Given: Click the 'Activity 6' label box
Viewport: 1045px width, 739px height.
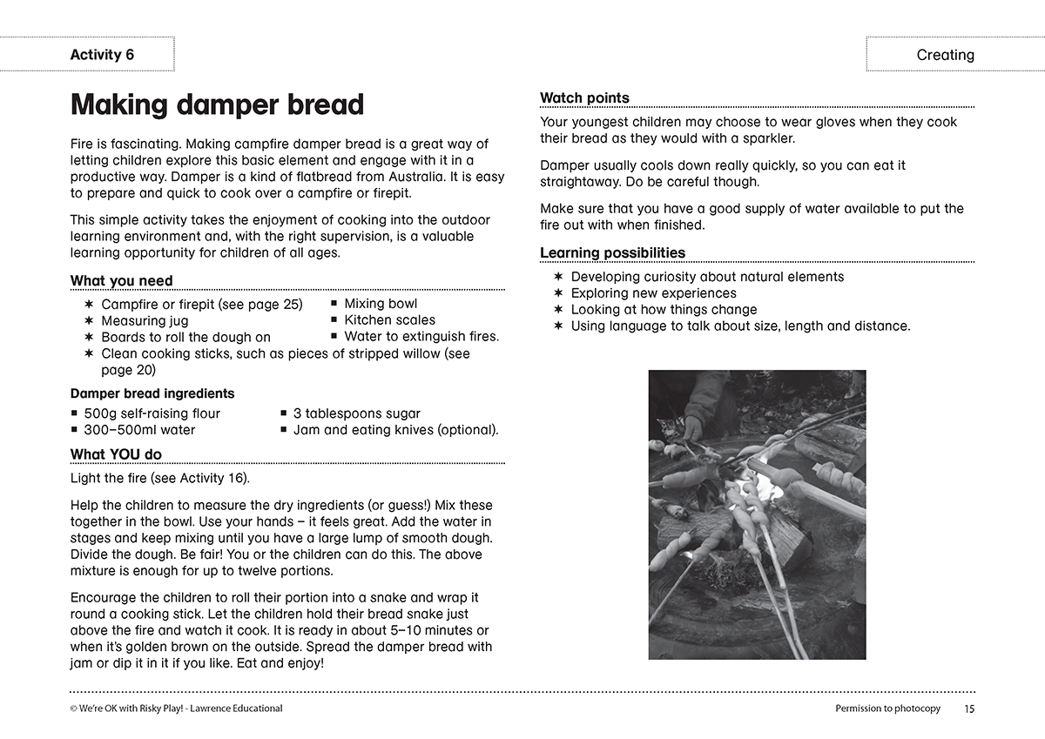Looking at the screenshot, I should point(102,55).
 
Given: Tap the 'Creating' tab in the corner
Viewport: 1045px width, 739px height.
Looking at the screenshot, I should point(945,55).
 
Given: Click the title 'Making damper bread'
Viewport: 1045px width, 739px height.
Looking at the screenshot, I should point(217,104).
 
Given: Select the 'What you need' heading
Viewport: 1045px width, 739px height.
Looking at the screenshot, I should point(121,280).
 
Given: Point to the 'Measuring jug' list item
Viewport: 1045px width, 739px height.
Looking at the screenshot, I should point(145,320).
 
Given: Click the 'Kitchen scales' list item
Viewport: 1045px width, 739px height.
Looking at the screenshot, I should point(389,319).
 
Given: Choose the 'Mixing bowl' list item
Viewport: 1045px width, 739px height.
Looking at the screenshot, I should point(381,303).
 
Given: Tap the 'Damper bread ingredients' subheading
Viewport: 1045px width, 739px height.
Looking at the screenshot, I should point(152,393).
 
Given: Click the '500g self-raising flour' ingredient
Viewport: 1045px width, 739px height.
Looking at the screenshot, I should point(152,413).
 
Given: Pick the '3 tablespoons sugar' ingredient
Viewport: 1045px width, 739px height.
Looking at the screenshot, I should point(356,413).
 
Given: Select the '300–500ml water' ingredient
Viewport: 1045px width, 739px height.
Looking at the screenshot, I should point(139,430).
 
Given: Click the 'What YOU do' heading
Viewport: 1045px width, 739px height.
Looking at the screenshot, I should point(116,454).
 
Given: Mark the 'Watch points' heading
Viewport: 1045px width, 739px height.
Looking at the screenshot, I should point(584,98).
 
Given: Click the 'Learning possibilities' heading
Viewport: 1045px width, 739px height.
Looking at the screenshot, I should point(612,253).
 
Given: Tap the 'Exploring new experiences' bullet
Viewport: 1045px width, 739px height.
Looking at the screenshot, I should point(653,293).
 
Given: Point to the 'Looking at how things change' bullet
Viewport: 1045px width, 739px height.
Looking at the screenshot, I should point(664,310).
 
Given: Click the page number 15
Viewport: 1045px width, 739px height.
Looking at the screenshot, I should point(969,709).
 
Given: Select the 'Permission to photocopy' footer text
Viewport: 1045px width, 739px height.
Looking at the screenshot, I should point(887,709).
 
